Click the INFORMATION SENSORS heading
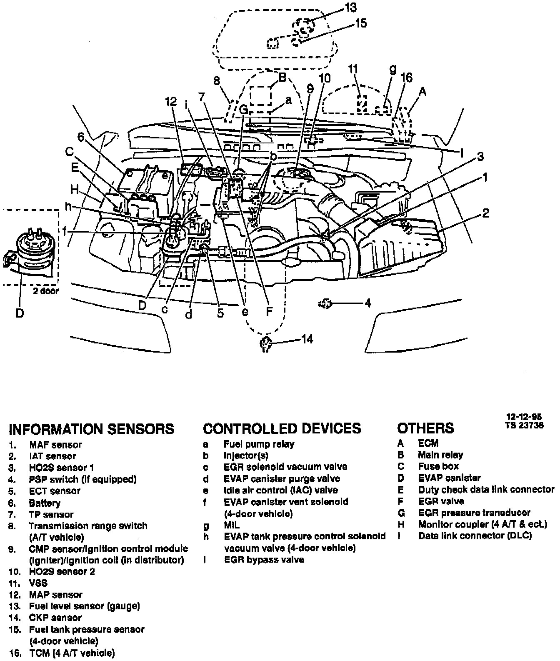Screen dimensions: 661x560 click(x=91, y=429)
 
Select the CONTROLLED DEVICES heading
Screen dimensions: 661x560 click(x=282, y=428)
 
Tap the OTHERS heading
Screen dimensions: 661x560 click(x=425, y=428)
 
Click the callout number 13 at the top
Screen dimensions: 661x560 click(x=351, y=7)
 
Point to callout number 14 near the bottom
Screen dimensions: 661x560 click(x=307, y=340)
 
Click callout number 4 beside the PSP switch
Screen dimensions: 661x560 click(x=367, y=303)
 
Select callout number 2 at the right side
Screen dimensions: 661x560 click(x=485, y=214)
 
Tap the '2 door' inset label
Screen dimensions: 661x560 click(x=46, y=291)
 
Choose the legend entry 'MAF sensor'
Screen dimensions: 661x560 click(x=55, y=445)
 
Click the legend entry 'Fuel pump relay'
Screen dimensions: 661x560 click(x=259, y=444)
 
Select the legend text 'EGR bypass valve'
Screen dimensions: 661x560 click(x=264, y=560)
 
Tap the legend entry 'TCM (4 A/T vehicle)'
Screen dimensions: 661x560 click(x=72, y=653)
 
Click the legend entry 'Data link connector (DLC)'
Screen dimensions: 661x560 click(x=475, y=536)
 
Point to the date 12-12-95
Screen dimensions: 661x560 click(x=524, y=417)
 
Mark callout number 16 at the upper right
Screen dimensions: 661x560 click(x=406, y=78)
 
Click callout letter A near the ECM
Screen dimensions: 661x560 click(x=422, y=91)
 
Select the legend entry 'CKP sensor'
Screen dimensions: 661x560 click(x=55, y=618)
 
